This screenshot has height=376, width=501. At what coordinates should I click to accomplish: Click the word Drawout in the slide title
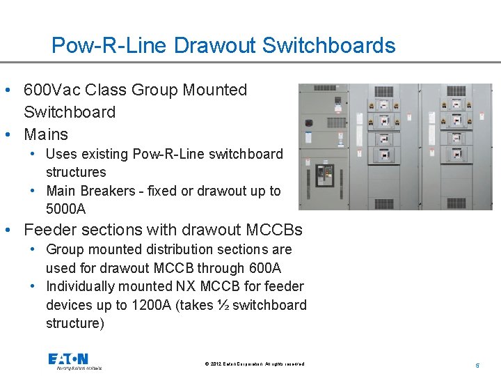(216, 46)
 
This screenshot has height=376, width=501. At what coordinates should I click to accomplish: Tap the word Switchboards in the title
(329, 46)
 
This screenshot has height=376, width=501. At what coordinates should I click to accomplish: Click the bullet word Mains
(46, 134)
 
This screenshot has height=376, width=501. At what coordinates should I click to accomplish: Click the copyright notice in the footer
(254, 364)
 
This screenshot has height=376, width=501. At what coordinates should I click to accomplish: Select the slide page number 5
(477, 364)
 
